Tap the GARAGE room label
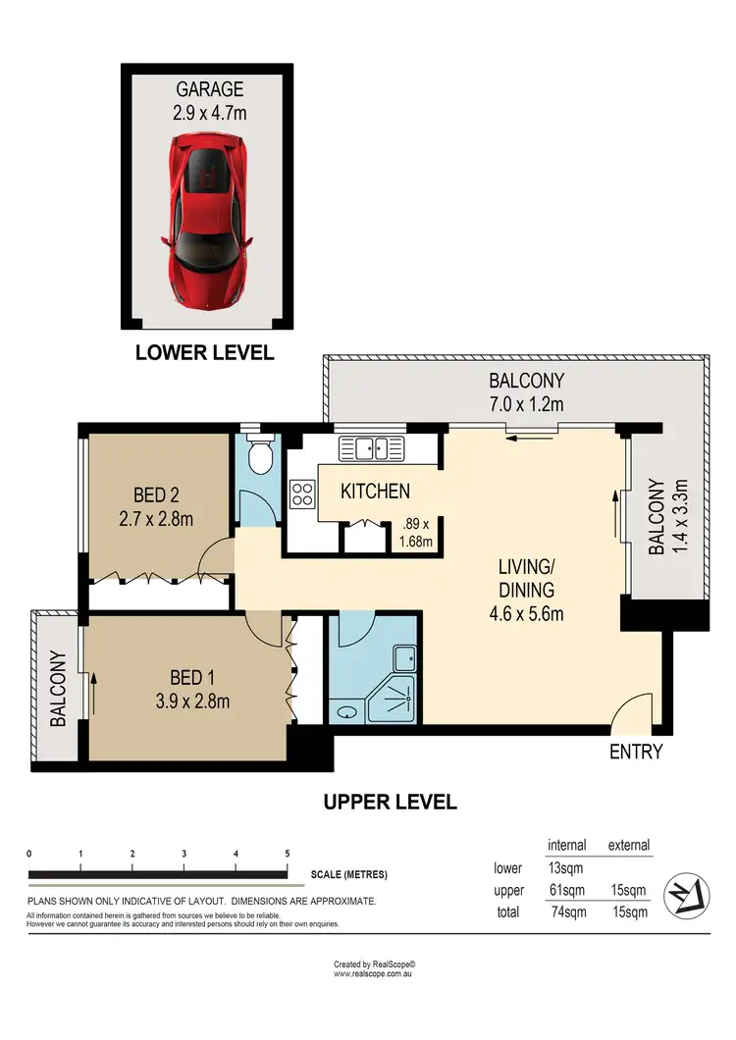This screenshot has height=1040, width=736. click(210, 89)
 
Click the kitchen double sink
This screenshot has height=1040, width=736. click(372, 448)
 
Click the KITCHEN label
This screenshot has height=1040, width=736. click(375, 492)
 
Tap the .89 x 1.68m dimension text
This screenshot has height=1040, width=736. click(415, 533)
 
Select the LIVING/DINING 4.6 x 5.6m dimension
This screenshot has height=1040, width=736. click(526, 614)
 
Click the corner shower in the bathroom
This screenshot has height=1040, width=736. click(393, 700)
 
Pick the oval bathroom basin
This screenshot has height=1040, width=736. click(346, 712)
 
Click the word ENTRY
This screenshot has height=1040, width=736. click(636, 752)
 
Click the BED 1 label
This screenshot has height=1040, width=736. click(192, 678)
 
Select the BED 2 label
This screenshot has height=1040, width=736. click(156, 494)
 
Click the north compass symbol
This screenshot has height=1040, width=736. click(687, 896)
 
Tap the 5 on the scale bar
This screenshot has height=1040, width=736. click(288, 854)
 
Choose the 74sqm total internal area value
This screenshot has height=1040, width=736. click(569, 912)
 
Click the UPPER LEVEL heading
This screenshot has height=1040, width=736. click(391, 802)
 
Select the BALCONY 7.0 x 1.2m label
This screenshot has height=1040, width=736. click(526, 392)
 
